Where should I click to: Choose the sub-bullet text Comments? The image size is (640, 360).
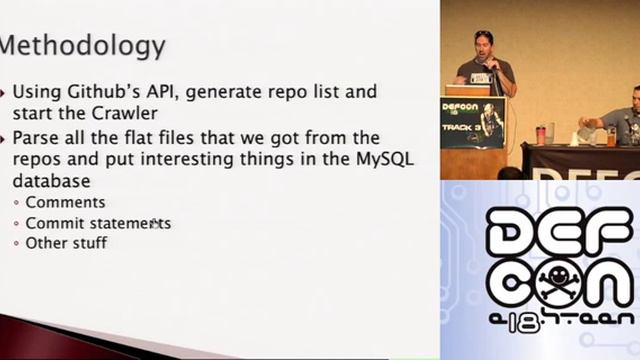pos(65,203)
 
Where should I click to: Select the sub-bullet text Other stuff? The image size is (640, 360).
pos(66,243)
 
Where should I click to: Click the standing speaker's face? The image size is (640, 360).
pos(484,46)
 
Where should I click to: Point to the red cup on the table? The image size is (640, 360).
pos(541,134)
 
